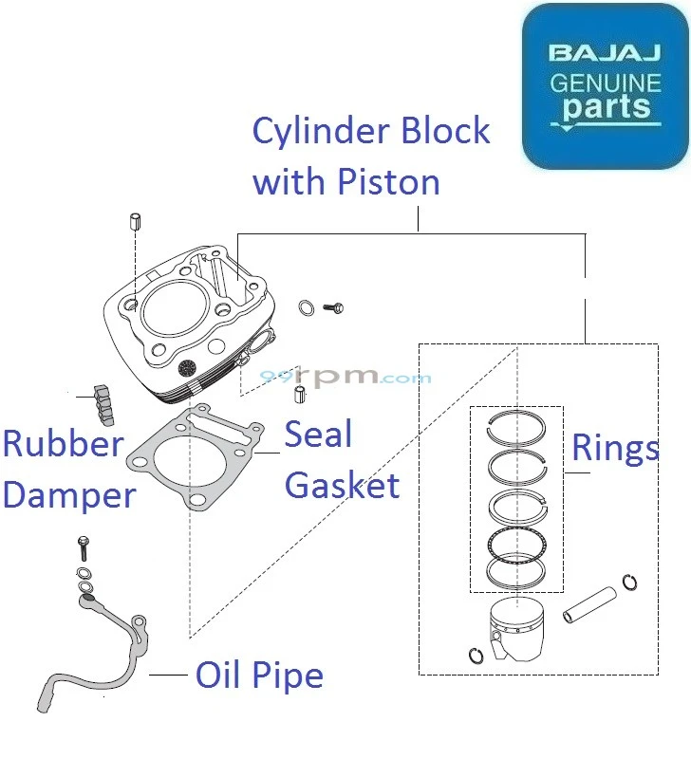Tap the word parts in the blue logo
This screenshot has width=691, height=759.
tap(607, 107)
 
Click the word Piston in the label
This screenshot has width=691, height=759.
tap(390, 180)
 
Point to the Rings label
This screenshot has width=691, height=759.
tap(614, 448)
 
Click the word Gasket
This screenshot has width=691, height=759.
tap(342, 486)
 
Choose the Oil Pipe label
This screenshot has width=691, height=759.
tap(259, 676)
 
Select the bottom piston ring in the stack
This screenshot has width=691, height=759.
tap(516, 571)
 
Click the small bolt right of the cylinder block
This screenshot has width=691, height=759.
tap(333, 307)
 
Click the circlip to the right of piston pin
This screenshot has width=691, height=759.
tap(629, 582)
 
